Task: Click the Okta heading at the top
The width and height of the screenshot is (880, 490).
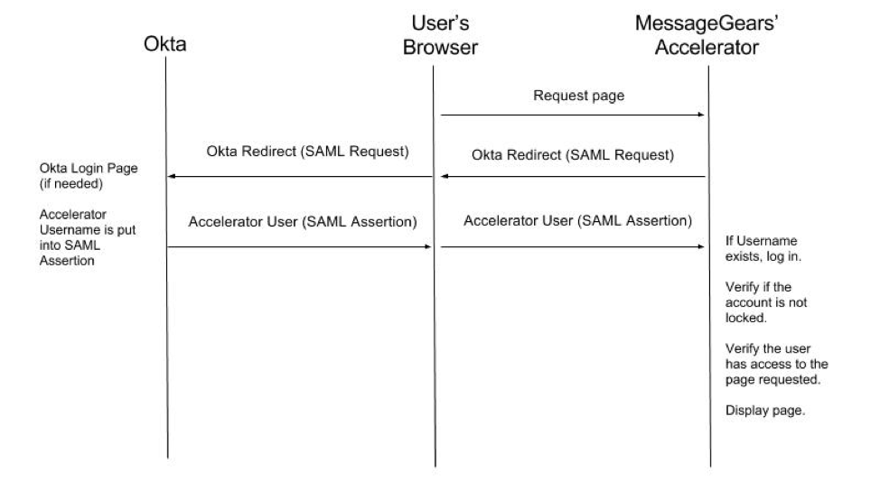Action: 165,43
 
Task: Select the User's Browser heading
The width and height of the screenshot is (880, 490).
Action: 441,35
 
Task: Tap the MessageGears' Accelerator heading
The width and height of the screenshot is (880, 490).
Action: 707,35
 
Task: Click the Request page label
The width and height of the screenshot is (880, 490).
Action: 578,96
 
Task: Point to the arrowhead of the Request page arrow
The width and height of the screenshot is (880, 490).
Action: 701,115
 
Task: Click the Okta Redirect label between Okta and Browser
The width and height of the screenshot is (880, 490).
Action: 307,152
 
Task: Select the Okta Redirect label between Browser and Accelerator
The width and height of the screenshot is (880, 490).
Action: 573,154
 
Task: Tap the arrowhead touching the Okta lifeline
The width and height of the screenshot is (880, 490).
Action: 172,176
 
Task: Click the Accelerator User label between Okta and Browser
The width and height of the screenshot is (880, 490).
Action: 303,221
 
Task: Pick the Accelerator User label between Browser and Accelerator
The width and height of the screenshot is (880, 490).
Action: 577,220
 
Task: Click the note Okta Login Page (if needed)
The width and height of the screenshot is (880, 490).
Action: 89,175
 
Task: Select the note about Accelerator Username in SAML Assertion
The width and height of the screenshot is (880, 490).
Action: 88,237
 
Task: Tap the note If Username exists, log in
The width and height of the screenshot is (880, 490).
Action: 763,248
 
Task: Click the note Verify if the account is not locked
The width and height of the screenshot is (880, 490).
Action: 766,302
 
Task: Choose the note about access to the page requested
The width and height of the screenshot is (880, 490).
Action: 777,364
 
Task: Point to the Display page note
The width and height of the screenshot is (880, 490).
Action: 765,411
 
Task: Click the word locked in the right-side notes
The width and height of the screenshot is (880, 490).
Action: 746,318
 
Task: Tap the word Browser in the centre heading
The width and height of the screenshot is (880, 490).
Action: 441,47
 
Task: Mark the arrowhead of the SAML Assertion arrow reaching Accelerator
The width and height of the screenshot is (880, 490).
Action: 701,246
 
